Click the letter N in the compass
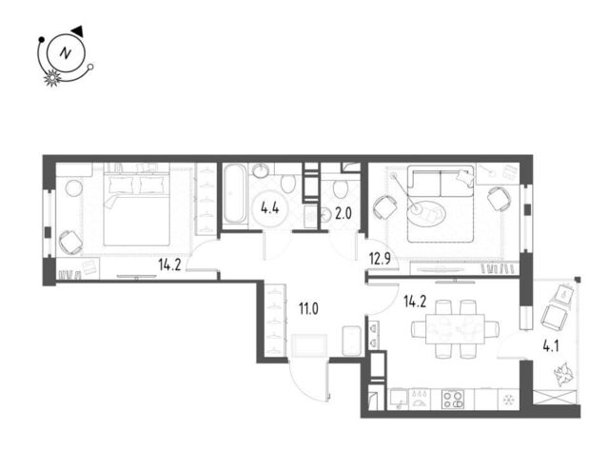point(66,53)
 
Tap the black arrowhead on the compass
point(78,31)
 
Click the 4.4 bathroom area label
point(269,209)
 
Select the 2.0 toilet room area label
point(344,213)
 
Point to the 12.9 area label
point(380,258)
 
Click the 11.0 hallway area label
point(308,309)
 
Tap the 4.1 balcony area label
point(550,345)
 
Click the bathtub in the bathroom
point(234,194)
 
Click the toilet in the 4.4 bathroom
point(288,183)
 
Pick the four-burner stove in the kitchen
point(453,399)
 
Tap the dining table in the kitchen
point(455,329)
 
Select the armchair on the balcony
point(553,316)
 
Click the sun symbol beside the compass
point(52,78)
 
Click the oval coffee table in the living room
point(426,211)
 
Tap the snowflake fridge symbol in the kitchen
point(507,400)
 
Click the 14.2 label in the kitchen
point(415,302)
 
